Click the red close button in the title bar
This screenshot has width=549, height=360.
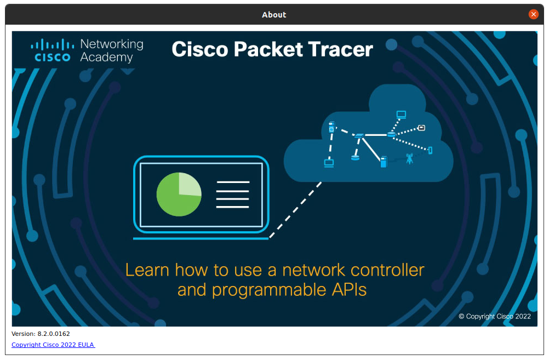click(533, 14)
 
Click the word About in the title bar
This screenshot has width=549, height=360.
click(274, 15)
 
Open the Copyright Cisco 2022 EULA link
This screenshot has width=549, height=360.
click(53, 345)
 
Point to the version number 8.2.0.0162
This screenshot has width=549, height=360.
click(54, 334)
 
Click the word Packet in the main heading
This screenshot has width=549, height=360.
click(268, 49)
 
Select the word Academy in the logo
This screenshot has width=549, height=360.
click(106, 58)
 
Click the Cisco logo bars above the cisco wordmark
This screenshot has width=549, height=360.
click(53, 45)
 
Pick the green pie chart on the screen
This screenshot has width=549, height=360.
click(179, 194)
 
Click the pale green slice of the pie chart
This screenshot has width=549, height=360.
click(190, 184)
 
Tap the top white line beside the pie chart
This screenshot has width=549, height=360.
click(233, 182)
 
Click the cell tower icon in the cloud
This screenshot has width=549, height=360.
click(409, 159)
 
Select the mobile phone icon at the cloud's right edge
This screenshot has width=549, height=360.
click(430, 150)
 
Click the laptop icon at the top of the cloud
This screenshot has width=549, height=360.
click(401, 115)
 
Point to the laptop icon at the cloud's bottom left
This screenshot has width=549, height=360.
click(329, 163)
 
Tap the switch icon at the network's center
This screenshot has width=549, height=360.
click(359, 135)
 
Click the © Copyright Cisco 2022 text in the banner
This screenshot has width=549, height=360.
click(495, 316)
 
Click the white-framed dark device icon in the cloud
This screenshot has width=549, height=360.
click(421, 128)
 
